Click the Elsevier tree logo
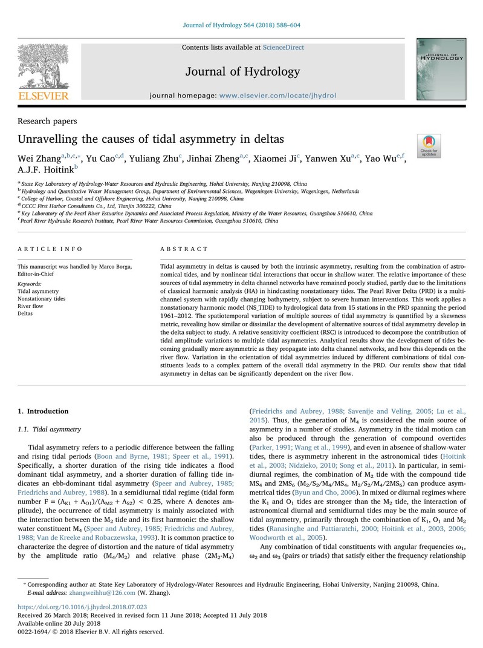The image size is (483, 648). click(x=42, y=68)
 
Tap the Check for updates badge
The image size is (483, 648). click(x=429, y=145)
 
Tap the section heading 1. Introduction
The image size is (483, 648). click(x=44, y=411)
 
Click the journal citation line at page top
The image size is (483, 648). click(x=241, y=25)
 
